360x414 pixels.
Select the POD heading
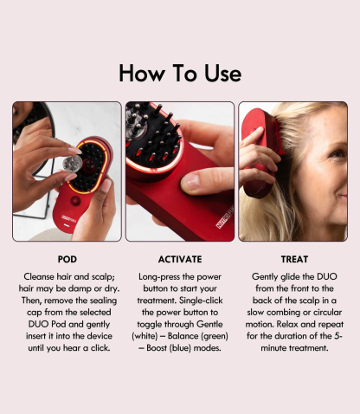tap(67, 258)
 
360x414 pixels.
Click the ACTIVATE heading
tap(180, 258)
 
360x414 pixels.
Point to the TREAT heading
tap(293, 258)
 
